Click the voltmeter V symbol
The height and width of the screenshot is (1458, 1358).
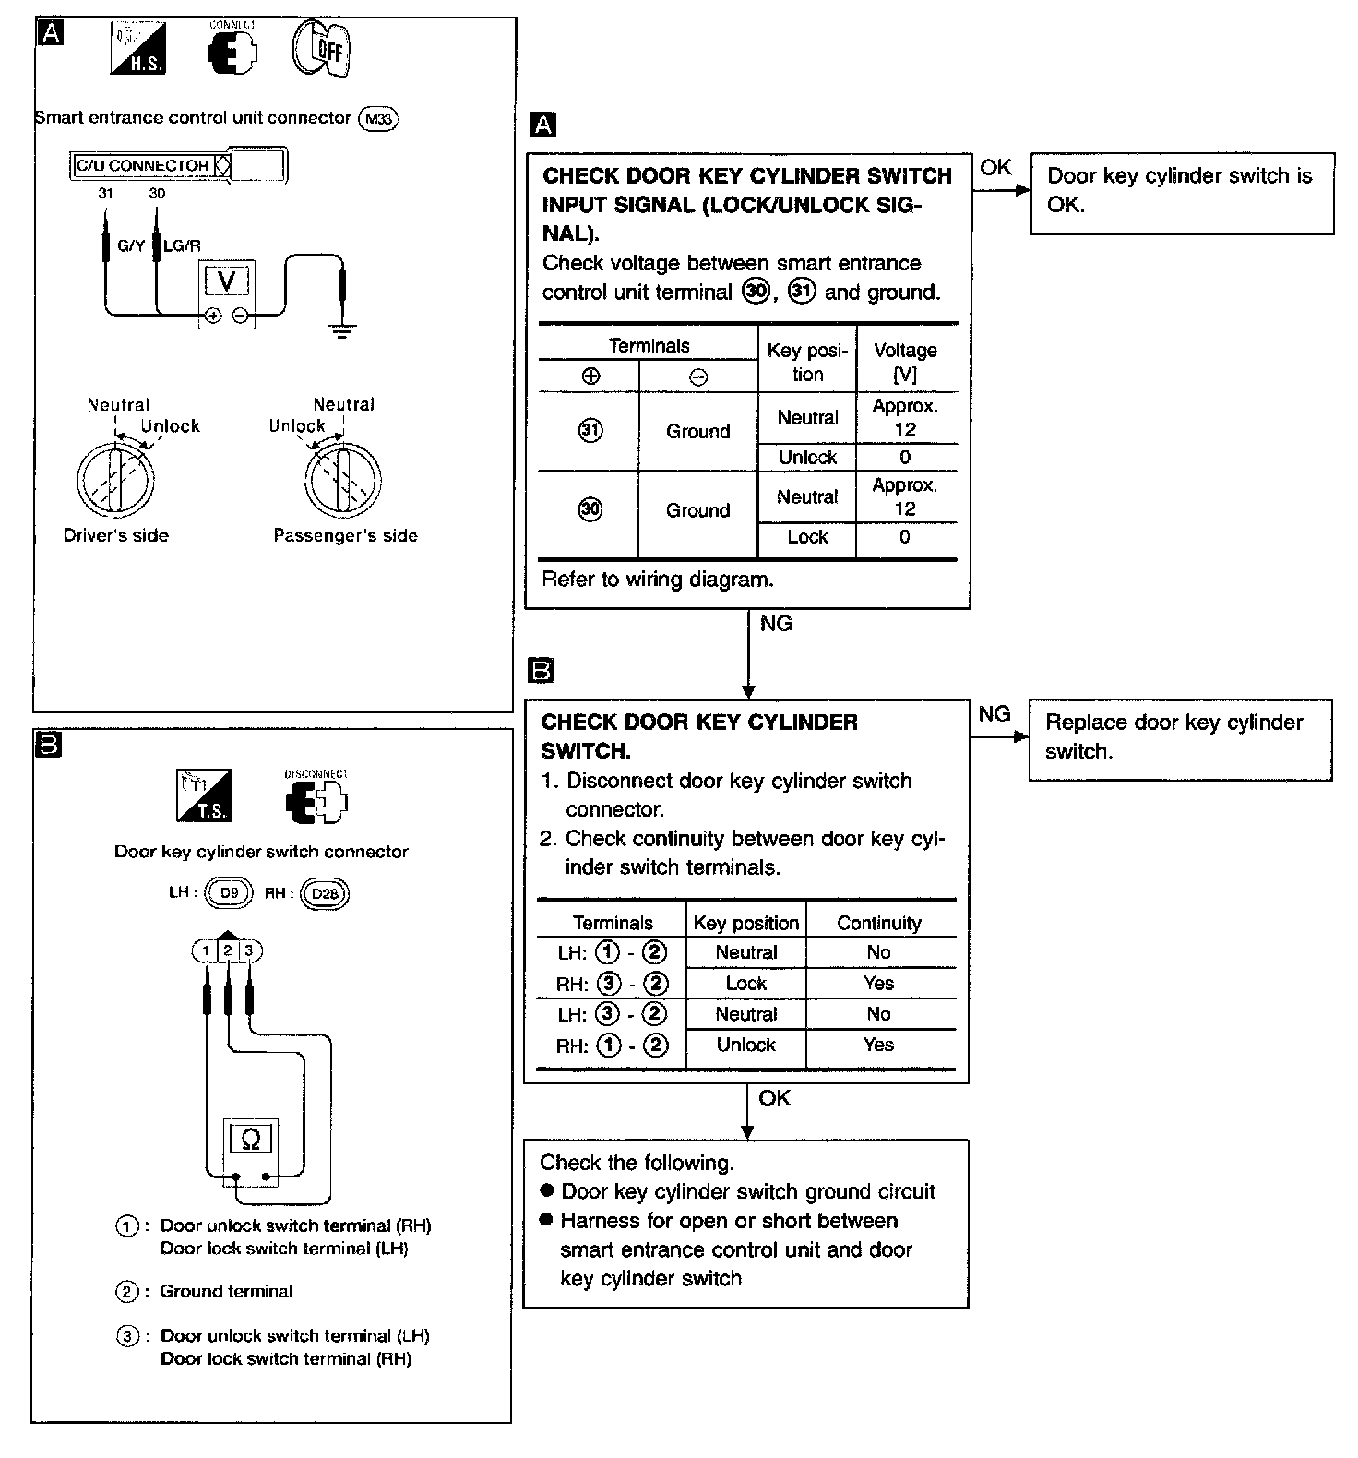226,281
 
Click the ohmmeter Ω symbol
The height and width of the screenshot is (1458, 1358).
250,1140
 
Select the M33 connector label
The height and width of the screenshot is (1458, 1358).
378,119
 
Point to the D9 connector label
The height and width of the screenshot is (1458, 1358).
228,893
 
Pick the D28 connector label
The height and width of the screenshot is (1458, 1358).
325,893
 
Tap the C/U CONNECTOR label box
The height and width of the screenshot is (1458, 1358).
143,166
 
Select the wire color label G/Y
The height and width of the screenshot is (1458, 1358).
131,245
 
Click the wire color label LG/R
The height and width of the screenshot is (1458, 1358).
182,245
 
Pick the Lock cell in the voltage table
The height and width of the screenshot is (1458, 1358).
807,537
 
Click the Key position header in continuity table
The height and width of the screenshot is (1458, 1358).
745,923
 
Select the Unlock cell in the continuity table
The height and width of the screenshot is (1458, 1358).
745,1045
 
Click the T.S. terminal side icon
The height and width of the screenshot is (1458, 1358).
204,795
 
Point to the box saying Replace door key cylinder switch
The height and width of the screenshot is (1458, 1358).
1180,739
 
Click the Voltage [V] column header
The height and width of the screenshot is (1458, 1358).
905,362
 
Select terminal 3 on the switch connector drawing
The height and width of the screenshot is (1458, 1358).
248,950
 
